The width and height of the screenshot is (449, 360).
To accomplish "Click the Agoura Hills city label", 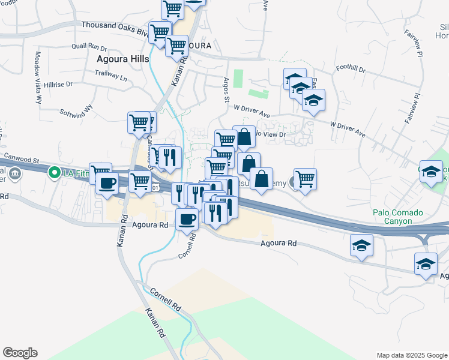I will click(124, 59).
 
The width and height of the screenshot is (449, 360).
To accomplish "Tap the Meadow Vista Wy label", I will click(37, 77).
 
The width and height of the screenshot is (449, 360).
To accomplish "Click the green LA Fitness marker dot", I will click(54, 173).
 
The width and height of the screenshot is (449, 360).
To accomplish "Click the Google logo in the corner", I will click(20, 353).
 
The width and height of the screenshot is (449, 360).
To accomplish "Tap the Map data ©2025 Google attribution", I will click(411, 355).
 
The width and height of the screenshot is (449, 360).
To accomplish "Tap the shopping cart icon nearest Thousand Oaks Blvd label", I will click(160, 32).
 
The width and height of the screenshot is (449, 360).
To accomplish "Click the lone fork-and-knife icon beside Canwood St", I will click(170, 158).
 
